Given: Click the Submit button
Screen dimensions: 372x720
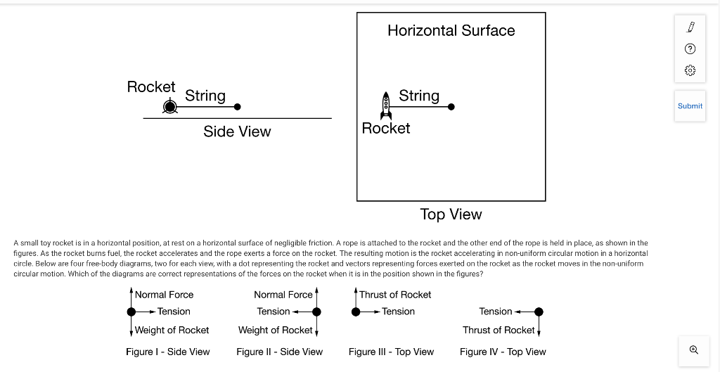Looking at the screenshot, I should [690, 106].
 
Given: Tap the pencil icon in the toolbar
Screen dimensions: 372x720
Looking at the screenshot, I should [690, 27].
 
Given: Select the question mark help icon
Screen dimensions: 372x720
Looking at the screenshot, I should [690, 49].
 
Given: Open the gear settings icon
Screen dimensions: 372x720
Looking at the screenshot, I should [690, 70].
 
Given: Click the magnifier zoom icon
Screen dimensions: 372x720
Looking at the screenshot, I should [693, 349].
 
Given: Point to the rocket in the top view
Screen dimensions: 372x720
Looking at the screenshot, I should [385, 105].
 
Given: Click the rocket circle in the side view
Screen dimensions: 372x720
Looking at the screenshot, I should [169, 107].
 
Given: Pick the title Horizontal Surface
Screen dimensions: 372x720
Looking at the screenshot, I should [451, 30].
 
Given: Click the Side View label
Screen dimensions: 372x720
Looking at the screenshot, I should [237, 132].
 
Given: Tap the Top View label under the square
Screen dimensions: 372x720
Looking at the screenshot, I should [451, 214].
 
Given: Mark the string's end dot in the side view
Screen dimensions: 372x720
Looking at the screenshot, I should [238, 107].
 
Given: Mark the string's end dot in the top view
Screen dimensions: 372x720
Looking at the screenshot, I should [451, 107].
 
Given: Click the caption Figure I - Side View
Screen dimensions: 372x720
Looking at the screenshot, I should [167, 352].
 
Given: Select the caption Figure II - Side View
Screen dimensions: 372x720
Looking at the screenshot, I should [279, 352].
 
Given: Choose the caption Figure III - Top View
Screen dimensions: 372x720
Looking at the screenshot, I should [391, 352].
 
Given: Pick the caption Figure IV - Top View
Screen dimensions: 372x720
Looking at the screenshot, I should [503, 352].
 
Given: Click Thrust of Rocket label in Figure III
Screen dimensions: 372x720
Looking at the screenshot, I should [395, 295].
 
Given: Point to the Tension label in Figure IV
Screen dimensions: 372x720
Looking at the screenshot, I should [496, 312].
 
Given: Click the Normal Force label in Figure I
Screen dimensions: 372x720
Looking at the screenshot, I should [164, 295].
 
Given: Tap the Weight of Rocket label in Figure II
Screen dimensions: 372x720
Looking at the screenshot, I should [275, 330].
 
